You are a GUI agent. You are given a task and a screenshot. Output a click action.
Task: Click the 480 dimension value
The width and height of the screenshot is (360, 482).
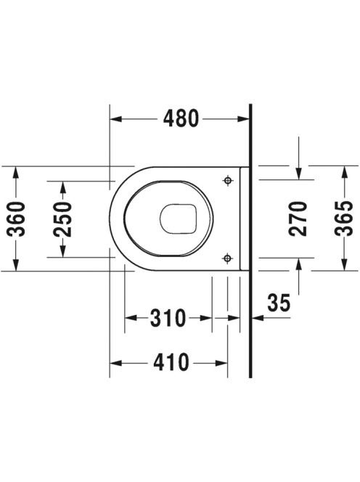click(x=181, y=118)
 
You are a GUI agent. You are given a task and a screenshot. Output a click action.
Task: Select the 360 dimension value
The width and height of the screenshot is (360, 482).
click(x=16, y=219)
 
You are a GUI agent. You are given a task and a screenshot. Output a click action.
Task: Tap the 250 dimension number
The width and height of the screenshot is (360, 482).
click(x=62, y=219)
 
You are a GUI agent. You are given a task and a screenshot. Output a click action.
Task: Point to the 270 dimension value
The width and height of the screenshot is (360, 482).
click(x=298, y=218)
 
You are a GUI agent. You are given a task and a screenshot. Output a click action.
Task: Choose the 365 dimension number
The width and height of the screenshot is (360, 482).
click(x=344, y=218)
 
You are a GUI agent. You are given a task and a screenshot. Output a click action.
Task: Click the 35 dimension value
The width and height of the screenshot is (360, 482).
click(x=279, y=303)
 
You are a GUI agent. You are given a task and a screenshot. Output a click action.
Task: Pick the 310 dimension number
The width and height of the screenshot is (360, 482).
click(x=168, y=317)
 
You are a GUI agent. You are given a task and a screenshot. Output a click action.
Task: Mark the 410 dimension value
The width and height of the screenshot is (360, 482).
click(x=171, y=363)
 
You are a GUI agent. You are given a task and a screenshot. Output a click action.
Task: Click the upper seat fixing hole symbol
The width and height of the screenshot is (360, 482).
click(x=227, y=181)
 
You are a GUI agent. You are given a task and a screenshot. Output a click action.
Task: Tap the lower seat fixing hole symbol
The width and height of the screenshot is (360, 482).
click(x=227, y=258)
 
